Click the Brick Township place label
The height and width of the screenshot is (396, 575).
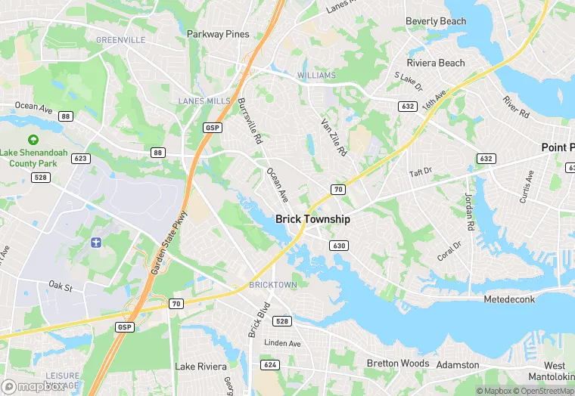pos(312,218)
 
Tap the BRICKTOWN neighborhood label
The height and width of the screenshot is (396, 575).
pos(273,285)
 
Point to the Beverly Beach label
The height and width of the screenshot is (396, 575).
pos(436,21)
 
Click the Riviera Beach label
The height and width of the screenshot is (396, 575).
pos(436,63)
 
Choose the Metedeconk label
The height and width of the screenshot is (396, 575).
pos(509,299)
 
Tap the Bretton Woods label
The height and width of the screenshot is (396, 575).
pos(398,364)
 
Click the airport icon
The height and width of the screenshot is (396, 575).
pos(95,242)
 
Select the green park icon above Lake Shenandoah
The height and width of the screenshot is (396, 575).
pos(33,140)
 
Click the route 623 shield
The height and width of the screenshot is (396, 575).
pos(82,159)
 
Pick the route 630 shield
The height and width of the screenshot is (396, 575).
pos(338,246)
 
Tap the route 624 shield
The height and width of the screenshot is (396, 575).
pos(269,364)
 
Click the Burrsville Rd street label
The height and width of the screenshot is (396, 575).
pos(249,121)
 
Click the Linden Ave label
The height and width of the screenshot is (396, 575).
pos(282,344)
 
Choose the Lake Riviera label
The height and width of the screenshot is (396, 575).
pos(200,367)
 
